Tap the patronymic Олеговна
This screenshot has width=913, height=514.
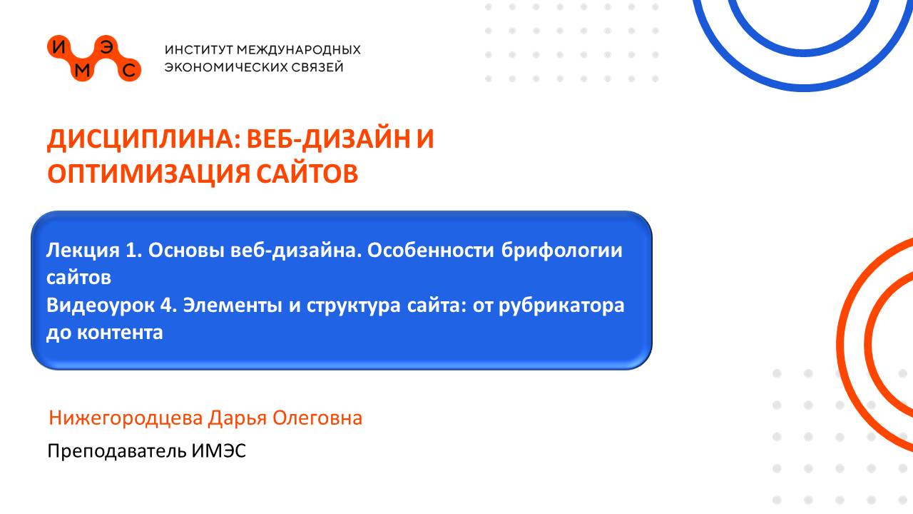pos(317,418)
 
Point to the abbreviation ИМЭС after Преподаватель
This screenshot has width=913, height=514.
pos(219,451)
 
